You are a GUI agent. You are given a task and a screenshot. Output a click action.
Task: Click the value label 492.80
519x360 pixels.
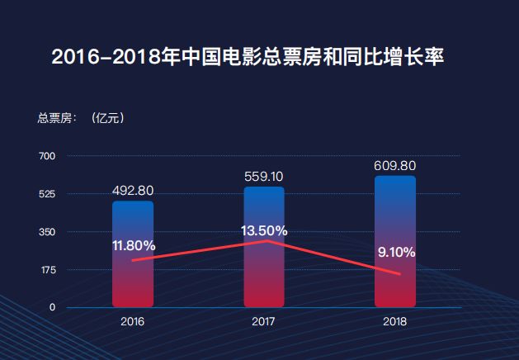point(133,191)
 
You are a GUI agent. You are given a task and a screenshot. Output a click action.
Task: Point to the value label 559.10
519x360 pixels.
point(264,176)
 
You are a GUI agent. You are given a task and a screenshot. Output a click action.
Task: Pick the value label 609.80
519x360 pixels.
point(395,165)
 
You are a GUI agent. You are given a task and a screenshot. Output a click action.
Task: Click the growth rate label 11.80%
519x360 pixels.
point(134,245)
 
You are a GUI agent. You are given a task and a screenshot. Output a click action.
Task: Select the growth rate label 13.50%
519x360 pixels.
point(264,230)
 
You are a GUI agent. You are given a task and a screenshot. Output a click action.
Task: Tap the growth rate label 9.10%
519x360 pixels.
point(396,252)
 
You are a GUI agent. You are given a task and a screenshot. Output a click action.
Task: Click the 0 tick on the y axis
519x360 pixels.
point(52,307)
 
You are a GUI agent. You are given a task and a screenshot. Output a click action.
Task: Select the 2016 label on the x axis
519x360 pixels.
point(132,320)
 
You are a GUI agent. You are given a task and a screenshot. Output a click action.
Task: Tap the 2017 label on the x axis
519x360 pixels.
point(263,320)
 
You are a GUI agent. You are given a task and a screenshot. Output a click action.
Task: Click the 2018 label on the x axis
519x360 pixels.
point(395,320)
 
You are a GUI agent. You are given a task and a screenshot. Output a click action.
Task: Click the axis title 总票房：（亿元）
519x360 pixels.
point(82,118)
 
